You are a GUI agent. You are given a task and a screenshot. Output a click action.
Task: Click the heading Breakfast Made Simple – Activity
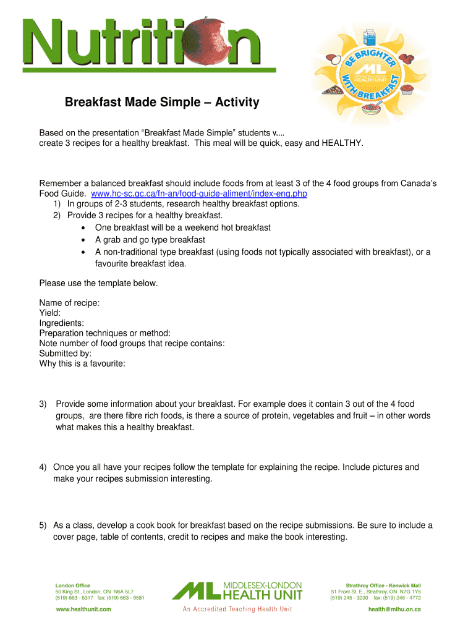162,102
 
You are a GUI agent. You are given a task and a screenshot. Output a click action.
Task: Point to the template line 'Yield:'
50,313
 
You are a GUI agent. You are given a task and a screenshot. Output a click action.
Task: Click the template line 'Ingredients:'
62,323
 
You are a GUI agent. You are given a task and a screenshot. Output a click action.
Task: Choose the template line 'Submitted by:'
66,354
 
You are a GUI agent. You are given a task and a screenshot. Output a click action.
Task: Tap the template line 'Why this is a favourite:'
82,363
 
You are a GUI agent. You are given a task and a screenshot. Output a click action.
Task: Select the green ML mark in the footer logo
195,591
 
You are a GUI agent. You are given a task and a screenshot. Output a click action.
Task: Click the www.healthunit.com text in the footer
83,610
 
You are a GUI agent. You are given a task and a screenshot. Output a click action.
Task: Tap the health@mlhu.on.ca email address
394,610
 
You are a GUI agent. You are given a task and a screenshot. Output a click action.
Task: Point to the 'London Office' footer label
73,585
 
